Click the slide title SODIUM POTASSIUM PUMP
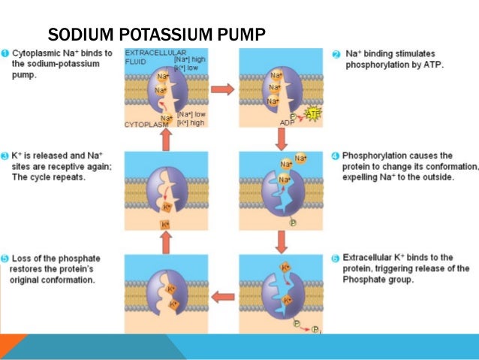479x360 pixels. [x=157, y=35]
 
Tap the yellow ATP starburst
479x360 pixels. [x=312, y=113]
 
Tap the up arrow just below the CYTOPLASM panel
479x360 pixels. [x=167, y=138]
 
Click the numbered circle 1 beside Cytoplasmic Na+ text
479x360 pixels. [x=5, y=53]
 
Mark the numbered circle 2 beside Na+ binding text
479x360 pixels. [x=336, y=54]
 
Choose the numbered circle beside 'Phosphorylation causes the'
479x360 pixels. [x=336, y=156]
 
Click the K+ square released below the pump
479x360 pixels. [x=166, y=225]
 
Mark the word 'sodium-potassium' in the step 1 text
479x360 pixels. [x=52, y=65]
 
